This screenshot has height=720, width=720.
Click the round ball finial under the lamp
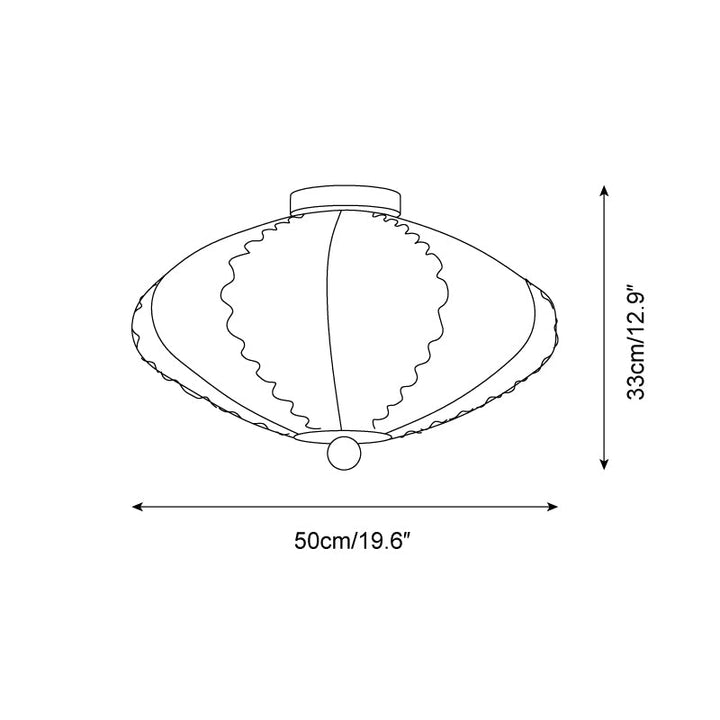344,453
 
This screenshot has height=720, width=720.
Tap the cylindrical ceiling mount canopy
345,202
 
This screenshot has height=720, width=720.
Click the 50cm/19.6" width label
352,540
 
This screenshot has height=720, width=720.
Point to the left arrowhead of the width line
136,506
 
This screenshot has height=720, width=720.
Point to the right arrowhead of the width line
553,506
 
